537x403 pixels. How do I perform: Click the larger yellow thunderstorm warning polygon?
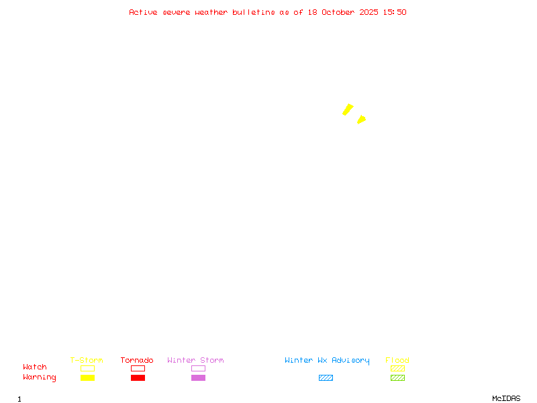[x=348, y=109]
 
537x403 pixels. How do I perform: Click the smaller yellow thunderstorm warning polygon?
[x=361, y=120]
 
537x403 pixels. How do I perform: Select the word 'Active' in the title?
[x=143, y=12]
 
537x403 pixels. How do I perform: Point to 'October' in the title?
[x=338, y=12]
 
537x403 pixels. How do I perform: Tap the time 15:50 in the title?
[x=395, y=12]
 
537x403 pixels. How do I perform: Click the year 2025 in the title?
[x=369, y=12]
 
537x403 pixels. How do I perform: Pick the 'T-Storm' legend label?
[x=87, y=360]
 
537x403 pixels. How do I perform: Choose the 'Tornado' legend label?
[x=137, y=360]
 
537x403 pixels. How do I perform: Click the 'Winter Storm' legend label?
[x=195, y=360]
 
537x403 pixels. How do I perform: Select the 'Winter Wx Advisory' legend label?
[x=327, y=360]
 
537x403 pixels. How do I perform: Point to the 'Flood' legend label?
[x=397, y=360]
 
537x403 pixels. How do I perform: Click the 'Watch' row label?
[x=35, y=367]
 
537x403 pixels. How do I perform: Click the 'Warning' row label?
[x=40, y=377]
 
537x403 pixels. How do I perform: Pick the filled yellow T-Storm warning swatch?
[x=87, y=377]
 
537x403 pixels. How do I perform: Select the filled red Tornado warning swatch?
[x=138, y=377]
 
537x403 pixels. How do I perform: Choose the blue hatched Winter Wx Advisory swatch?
[x=326, y=377]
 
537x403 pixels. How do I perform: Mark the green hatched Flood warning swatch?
[x=397, y=377]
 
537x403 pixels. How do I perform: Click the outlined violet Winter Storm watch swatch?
[x=198, y=368]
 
